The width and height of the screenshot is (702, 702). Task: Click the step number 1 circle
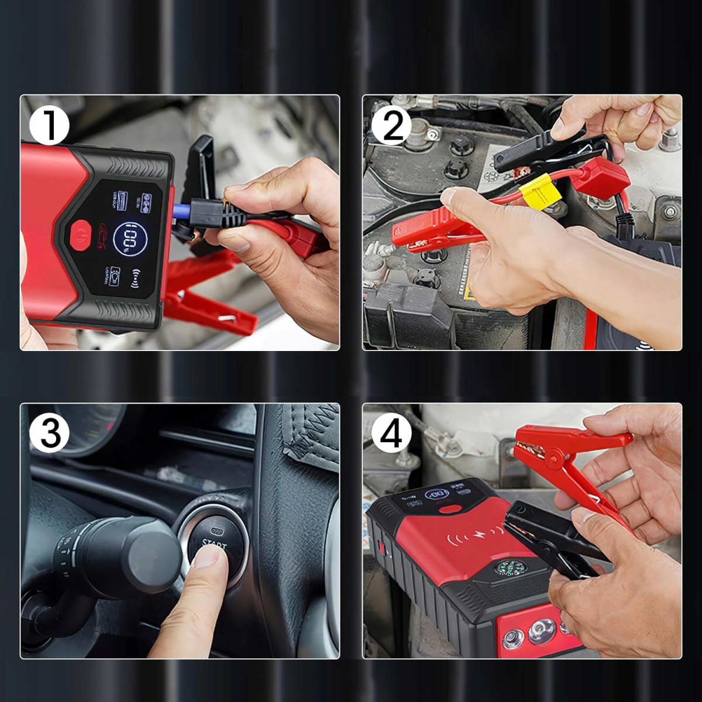click(49, 125)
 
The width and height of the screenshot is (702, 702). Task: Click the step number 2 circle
click(391, 125)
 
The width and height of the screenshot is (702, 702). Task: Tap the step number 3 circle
click(49, 433)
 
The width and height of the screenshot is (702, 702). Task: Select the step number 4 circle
click(391, 434)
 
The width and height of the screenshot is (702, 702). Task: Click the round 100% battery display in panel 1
click(130, 239)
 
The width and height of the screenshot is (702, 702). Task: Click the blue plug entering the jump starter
click(182, 208)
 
